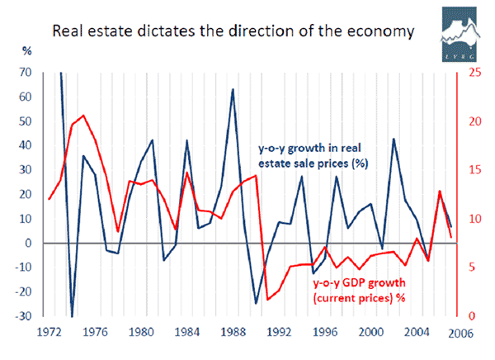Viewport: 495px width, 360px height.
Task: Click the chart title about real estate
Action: point(233,33)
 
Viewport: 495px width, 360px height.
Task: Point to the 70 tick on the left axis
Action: point(26,73)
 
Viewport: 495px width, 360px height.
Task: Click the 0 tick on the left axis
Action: point(29,244)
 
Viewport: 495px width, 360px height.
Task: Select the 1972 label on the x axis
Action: point(49,334)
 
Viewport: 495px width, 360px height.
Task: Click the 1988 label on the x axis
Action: point(233,334)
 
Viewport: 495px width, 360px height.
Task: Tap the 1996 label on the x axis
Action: point(324,334)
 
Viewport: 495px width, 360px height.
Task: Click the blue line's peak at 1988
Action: point(233,89)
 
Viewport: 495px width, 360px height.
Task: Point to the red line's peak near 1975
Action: point(83,116)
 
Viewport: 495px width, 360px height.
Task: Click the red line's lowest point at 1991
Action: point(267,300)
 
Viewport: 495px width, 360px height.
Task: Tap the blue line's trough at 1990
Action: point(256,304)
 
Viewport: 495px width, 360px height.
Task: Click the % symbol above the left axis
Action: point(26,51)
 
